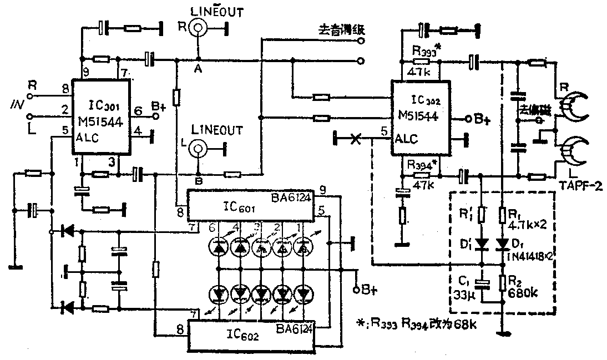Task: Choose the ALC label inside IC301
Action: point(87,139)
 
